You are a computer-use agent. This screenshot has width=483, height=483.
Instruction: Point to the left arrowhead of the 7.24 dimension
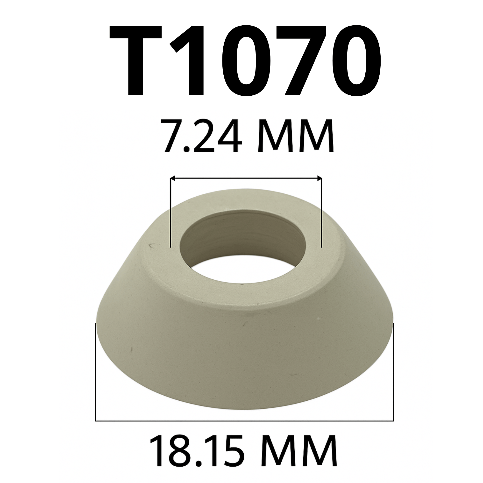pyautogui.click(x=172, y=178)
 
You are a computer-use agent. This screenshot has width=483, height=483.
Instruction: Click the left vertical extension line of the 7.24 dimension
pyautogui.click(x=170, y=213)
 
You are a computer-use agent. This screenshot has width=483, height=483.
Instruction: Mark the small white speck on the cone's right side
pyautogui.click(x=318, y=319)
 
